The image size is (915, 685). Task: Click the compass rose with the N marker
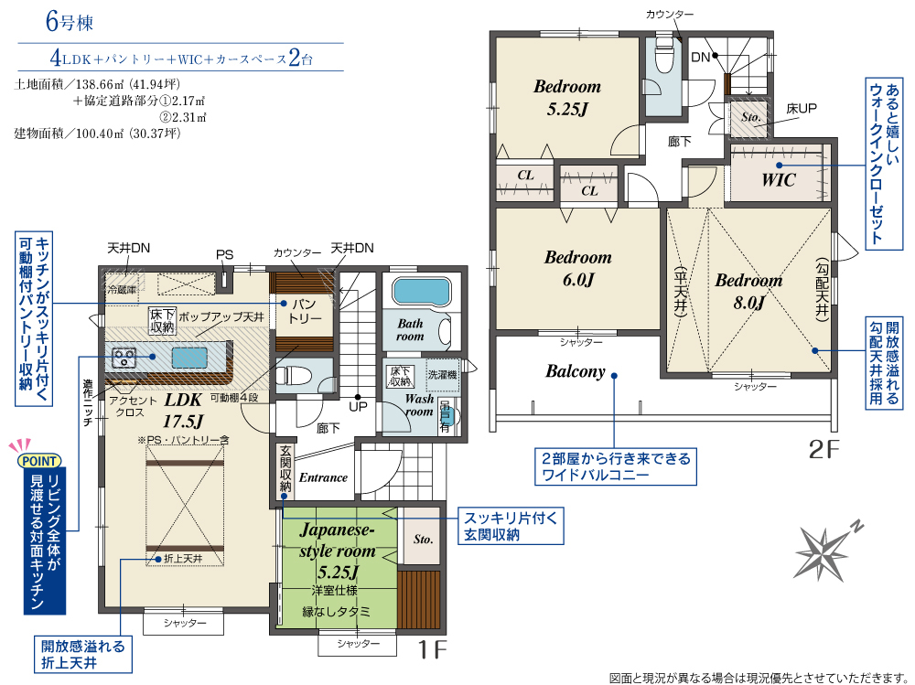click(823, 551)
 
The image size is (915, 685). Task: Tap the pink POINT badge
click(38, 460)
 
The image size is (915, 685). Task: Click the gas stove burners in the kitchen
click(124, 357)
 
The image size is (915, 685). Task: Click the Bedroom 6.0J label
click(577, 268)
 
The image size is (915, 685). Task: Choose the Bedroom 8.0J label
click(748, 291)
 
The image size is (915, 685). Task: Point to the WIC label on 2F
click(779, 180)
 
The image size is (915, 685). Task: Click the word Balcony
click(576, 371)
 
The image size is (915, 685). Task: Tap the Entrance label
click(323, 477)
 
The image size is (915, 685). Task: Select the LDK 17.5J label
click(183, 410)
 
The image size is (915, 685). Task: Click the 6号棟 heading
click(70, 22)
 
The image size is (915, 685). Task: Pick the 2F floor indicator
click(823, 449)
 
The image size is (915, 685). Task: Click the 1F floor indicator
click(432, 648)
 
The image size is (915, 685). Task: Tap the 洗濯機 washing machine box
click(442, 375)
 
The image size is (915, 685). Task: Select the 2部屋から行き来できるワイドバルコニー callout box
click(616, 466)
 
